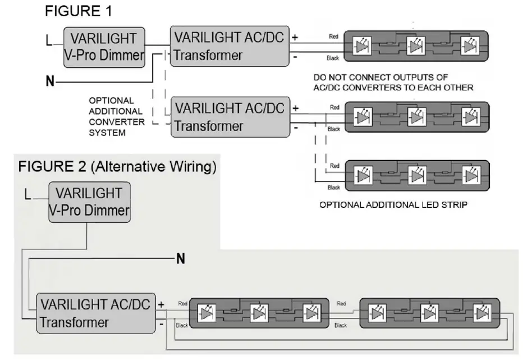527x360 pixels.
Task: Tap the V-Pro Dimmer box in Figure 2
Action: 89,202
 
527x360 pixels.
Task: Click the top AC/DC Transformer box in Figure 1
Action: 230,46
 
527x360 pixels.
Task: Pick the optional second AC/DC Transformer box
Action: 230,116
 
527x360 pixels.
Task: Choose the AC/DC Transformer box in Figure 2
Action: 96,313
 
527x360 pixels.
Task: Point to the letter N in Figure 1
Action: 51,82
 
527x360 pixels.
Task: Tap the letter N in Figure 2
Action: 181,259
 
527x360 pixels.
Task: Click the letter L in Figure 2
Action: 28,194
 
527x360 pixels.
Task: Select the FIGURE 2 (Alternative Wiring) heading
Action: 117,167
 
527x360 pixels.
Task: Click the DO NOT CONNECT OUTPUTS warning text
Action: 393,82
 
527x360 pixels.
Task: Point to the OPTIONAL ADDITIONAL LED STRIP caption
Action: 393,204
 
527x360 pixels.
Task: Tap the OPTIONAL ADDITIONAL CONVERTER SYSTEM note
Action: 116,116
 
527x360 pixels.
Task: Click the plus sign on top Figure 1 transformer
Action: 294,38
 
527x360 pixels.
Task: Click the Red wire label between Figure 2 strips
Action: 341,303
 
